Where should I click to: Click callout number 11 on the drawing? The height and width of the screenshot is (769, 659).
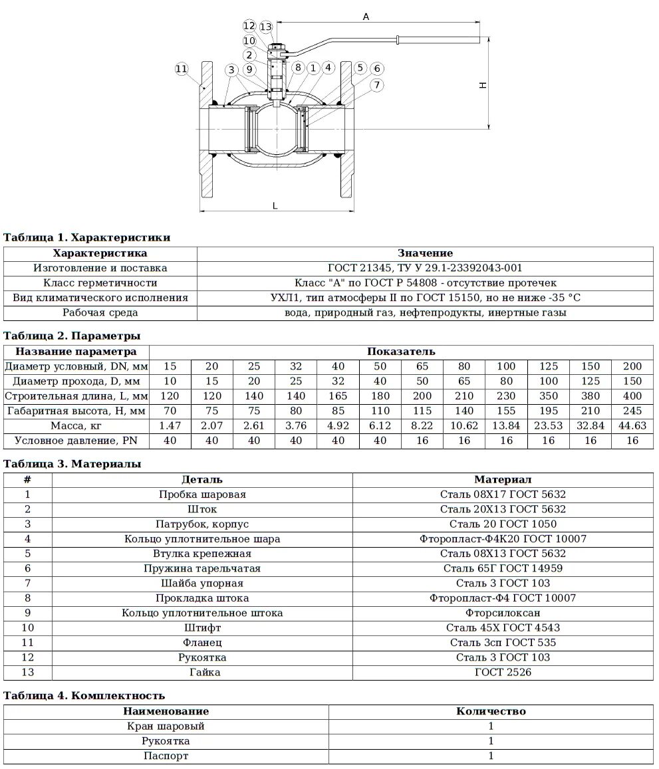pos(182,69)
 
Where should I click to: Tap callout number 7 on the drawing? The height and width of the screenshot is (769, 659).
pos(377,84)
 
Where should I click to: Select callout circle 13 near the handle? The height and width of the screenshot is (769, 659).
pos(266,27)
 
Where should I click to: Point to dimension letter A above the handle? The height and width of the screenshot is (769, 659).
pos(365,18)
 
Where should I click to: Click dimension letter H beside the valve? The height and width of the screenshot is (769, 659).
pos(483,84)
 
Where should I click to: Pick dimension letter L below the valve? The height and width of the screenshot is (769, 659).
pos(275,205)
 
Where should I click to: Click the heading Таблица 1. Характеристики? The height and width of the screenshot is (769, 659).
pos(87,237)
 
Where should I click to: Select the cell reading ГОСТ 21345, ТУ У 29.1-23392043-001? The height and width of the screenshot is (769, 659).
pos(425,268)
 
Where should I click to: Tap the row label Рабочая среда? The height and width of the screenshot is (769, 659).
pos(100,312)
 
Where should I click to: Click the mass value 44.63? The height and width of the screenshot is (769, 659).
pos(632,425)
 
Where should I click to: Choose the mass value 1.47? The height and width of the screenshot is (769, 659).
pos(170,425)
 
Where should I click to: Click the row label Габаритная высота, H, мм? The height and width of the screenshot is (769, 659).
pos(76,411)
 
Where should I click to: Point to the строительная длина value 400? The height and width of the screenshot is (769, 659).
pos(632,396)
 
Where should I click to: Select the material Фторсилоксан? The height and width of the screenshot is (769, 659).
pos(503,613)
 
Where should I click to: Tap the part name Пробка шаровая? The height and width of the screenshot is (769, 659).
pos(202,494)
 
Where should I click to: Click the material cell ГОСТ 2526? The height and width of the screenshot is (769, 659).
pos(503,672)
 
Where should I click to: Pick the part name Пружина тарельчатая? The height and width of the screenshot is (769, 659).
pos(202,568)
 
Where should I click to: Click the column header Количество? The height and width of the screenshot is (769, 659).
pos(491,711)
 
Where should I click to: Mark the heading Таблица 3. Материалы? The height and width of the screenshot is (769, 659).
pos(72,464)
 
